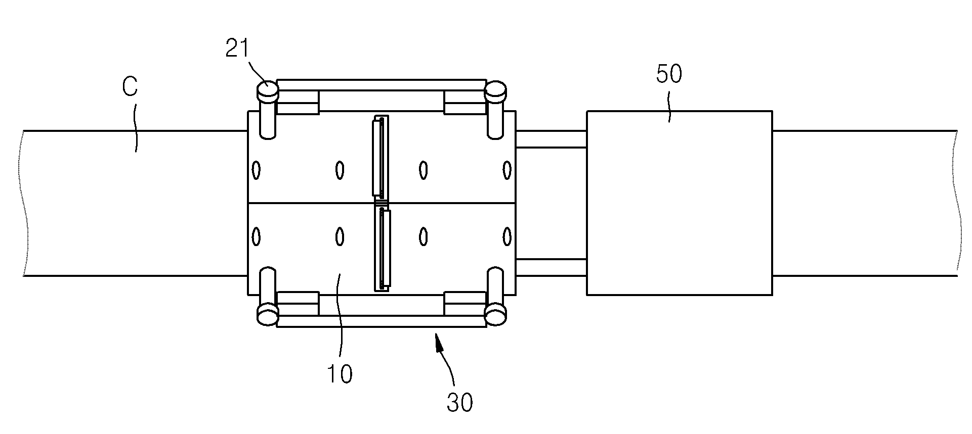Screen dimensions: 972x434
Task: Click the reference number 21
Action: coord(237,49)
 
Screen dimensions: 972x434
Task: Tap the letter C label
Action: coord(130,87)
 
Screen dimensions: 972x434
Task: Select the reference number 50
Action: coord(669,74)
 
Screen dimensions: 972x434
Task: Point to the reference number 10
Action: coord(339,374)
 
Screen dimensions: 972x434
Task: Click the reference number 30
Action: coord(459,403)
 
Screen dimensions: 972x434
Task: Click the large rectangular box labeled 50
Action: coord(679,203)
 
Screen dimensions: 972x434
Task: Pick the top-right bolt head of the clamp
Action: coord(496,91)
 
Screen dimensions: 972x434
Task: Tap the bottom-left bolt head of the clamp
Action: coord(267,314)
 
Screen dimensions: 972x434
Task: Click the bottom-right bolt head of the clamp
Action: coord(496,314)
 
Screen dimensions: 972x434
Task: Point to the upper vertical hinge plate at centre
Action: coord(381,157)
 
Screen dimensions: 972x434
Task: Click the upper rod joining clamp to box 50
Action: coord(551,139)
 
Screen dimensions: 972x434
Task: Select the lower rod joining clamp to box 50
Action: coord(551,267)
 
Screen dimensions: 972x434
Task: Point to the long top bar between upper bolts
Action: coord(382,85)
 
